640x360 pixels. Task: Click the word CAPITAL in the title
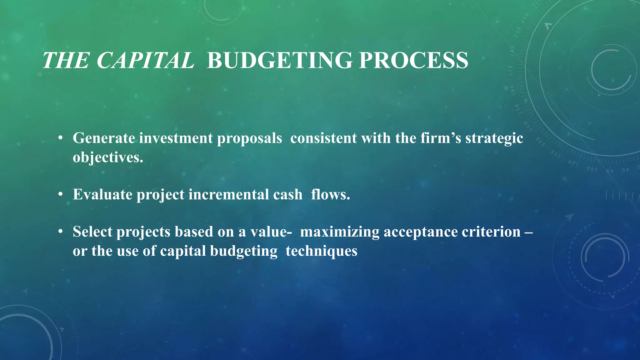pos(145,60)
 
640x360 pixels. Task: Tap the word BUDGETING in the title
pos(280,60)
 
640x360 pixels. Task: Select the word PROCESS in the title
pos(413,60)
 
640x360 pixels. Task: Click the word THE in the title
pos(66,60)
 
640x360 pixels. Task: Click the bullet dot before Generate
pos(61,138)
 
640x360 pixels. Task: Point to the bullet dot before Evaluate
pos(61,194)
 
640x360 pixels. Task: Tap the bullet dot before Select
pos(61,232)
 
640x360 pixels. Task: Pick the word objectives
pos(108,157)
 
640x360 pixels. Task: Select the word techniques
pos(321,251)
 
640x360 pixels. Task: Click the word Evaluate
pos(102,194)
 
